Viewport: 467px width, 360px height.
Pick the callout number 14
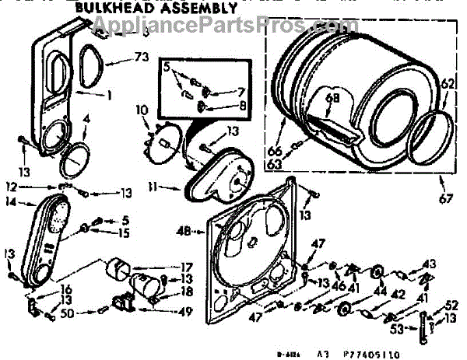coord(11,201)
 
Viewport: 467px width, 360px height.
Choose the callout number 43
coord(430,264)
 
